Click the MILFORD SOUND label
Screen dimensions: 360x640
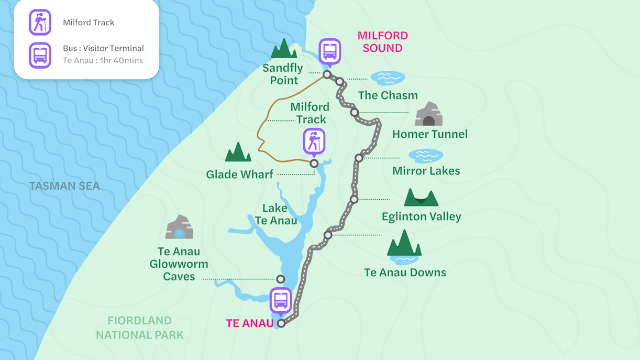click(382, 42)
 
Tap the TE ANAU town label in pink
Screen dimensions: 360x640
click(250, 323)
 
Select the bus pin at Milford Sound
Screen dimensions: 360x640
click(330, 51)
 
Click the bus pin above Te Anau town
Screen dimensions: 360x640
click(281, 301)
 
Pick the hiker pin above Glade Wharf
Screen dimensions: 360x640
click(314, 141)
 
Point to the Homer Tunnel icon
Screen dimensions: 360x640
click(428, 114)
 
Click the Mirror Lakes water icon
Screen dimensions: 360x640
click(426, 156)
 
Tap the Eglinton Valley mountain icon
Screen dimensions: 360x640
click(421, 198)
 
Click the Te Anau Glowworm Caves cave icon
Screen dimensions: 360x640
click(179, 227)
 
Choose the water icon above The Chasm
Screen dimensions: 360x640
click(388, 78)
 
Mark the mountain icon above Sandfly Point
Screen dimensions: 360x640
click(284, 49)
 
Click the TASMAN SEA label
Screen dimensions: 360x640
click(64, 186)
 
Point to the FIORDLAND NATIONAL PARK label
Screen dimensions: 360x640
click(139, 328)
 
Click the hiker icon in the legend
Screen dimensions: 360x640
click(40, 23)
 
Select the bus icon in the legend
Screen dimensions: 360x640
click(40, 55)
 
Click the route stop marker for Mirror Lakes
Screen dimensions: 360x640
click(359, 158)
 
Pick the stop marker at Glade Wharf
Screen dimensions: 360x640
click(314, 164)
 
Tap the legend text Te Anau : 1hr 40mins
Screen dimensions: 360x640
click(103, 60)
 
